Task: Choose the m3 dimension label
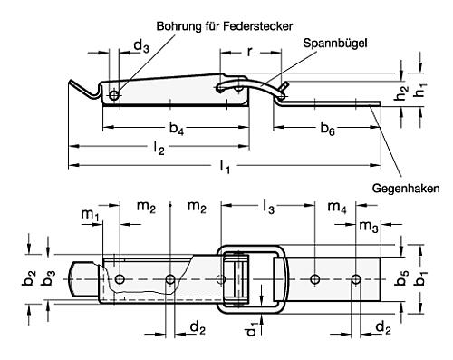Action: pyautogui.click(x=368, y=225)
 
